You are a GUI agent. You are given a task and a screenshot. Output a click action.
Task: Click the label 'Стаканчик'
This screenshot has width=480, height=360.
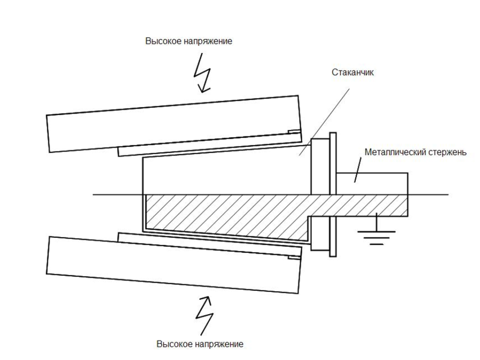coord(352,73)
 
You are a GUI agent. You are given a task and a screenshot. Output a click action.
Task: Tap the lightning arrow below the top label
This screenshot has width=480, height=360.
coord(202,73)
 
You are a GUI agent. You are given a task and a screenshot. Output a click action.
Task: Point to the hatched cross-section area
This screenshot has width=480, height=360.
coord(225,213)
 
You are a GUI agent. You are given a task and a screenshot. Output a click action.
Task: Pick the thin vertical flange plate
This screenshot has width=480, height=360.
coord(333,195)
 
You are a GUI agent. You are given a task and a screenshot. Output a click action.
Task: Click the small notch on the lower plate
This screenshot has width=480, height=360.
coord(293,257)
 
